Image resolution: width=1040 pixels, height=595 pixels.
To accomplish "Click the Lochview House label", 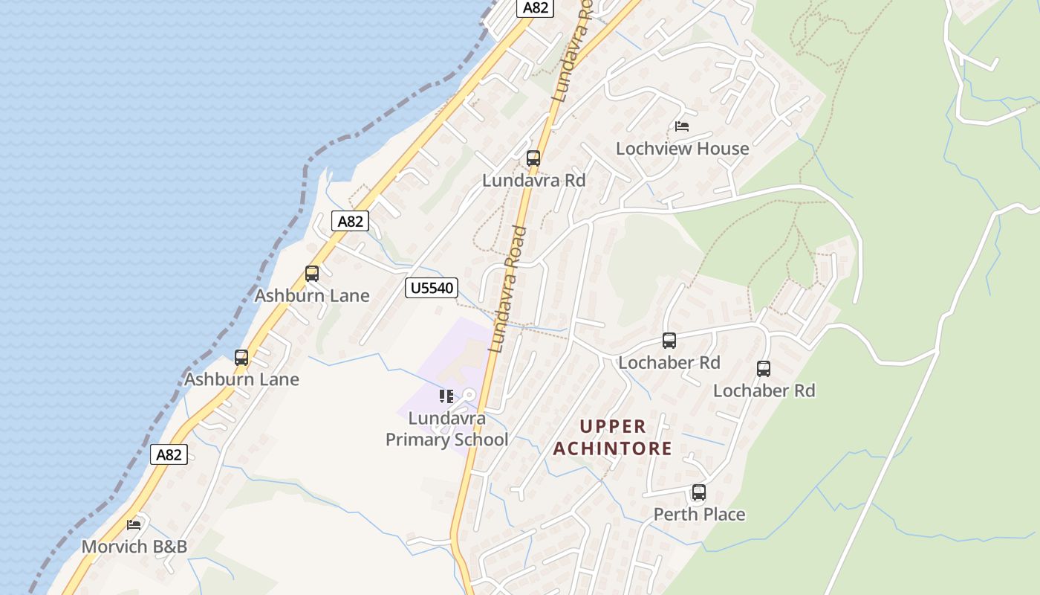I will point(682,149).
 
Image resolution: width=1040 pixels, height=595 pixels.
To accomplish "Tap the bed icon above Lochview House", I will point(682,126).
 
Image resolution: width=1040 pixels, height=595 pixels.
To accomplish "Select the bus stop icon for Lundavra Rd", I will point(533,158).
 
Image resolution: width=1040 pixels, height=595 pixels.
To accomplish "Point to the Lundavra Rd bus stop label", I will point(533,181).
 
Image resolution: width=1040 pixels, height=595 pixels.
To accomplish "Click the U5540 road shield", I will point(431,288).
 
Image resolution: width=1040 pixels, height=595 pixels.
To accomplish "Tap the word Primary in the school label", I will point(419,440).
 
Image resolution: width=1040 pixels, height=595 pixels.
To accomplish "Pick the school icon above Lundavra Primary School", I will point(446,396).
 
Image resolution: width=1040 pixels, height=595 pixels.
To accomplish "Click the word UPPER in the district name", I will point(613,427).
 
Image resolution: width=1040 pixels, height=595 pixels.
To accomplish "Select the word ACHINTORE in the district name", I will point(612,448).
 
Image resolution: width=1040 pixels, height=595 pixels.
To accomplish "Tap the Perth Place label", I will point(699,515).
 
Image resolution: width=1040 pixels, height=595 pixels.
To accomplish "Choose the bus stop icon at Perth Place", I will point(698,492).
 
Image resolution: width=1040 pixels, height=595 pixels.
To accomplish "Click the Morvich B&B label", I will point(134,547).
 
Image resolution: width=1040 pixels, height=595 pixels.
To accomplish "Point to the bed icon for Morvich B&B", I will point(134,525).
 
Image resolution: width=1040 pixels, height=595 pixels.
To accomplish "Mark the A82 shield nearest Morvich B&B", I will point(169,454).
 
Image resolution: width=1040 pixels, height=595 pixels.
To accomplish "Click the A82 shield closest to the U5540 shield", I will point(350,221).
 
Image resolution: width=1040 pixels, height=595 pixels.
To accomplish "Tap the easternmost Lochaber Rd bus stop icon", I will point(763,369).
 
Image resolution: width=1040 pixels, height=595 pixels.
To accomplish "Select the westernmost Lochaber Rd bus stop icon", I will point(669,341).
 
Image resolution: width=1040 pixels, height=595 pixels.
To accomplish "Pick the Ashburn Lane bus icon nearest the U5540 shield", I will point(312,274).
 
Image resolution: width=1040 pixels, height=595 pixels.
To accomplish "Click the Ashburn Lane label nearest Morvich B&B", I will point(241,379).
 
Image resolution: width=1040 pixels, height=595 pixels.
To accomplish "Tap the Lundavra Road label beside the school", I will point(509,290).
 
